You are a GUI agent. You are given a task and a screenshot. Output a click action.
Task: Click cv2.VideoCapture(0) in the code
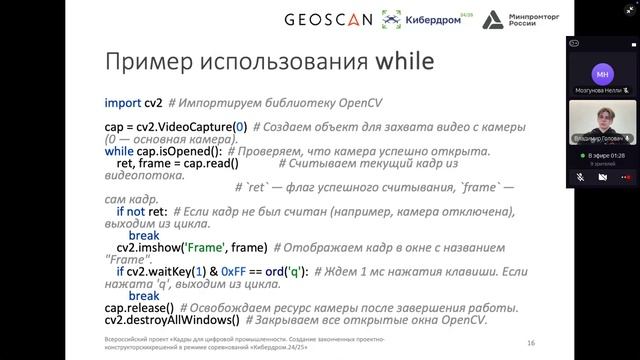pos(191,127)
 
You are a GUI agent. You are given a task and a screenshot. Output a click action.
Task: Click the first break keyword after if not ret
pos(144,235)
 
